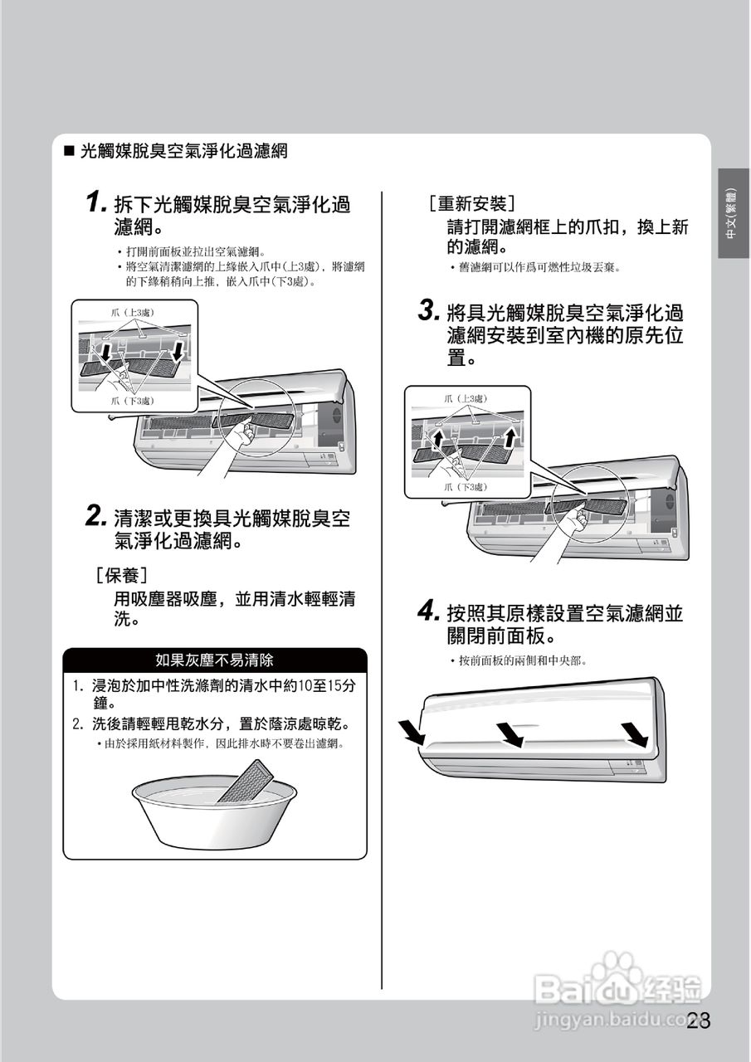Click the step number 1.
tap(95, 202)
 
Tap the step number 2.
tap(97, 516)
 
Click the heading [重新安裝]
tap(471, 204)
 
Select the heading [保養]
tap(122, 576)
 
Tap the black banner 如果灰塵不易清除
tap(215, 660)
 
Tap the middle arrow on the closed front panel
tap(510, 735)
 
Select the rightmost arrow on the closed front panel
tap(634, 734)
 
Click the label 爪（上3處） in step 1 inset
tap(133, 313)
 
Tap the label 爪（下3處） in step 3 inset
tap(466, 487)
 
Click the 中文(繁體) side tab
tap(734, 213)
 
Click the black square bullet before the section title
tap(69, 152)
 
